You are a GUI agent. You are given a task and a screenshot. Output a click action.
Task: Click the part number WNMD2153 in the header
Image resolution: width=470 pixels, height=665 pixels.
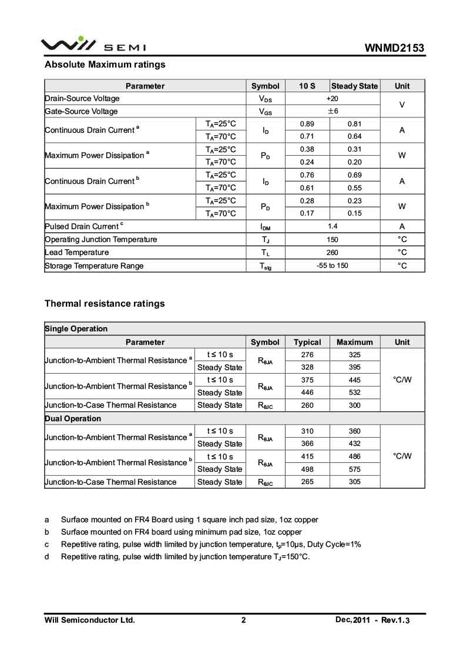click(394, 48)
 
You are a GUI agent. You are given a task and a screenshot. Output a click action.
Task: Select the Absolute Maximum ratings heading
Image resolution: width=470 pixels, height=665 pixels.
click(105, 65)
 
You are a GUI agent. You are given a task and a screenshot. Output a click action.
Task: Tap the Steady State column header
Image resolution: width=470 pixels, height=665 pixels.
click(355, 86)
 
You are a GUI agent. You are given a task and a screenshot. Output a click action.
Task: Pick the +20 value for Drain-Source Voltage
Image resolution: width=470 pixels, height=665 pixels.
click(332, 99)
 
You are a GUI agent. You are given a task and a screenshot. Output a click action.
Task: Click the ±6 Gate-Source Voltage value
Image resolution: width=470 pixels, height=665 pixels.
click(332, 111)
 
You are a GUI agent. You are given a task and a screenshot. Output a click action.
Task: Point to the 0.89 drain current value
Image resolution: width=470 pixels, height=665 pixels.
click(307, 124)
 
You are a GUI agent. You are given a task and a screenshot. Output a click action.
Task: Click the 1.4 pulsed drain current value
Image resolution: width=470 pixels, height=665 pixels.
click(332, 226)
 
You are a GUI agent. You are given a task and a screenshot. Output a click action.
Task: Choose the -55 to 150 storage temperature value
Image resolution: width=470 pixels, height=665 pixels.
click(332, 266)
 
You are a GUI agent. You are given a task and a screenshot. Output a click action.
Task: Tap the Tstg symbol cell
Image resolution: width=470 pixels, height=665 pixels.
click(265, 266)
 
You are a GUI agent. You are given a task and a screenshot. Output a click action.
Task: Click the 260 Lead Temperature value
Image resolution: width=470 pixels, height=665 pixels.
click(332, 253)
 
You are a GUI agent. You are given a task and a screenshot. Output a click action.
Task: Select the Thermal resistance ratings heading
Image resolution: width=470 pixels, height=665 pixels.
click(105, 304)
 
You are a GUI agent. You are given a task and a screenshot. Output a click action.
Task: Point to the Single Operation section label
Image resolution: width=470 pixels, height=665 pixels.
click(76, 329)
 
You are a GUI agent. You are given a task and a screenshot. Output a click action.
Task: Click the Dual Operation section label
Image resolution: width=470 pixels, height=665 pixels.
click(73, 419)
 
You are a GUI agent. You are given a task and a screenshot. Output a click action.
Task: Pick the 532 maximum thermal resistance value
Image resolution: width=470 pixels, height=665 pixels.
click(355, 392)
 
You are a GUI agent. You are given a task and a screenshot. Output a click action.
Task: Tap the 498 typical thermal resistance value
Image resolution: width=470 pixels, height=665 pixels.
click(307, 469)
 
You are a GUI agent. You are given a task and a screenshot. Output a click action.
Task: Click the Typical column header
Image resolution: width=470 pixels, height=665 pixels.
click(307, 342)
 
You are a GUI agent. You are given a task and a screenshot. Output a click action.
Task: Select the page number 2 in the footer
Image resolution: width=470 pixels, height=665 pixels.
click(243, 620)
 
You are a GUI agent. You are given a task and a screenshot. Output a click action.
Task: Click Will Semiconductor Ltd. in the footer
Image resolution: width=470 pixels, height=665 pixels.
click(90, 620)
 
